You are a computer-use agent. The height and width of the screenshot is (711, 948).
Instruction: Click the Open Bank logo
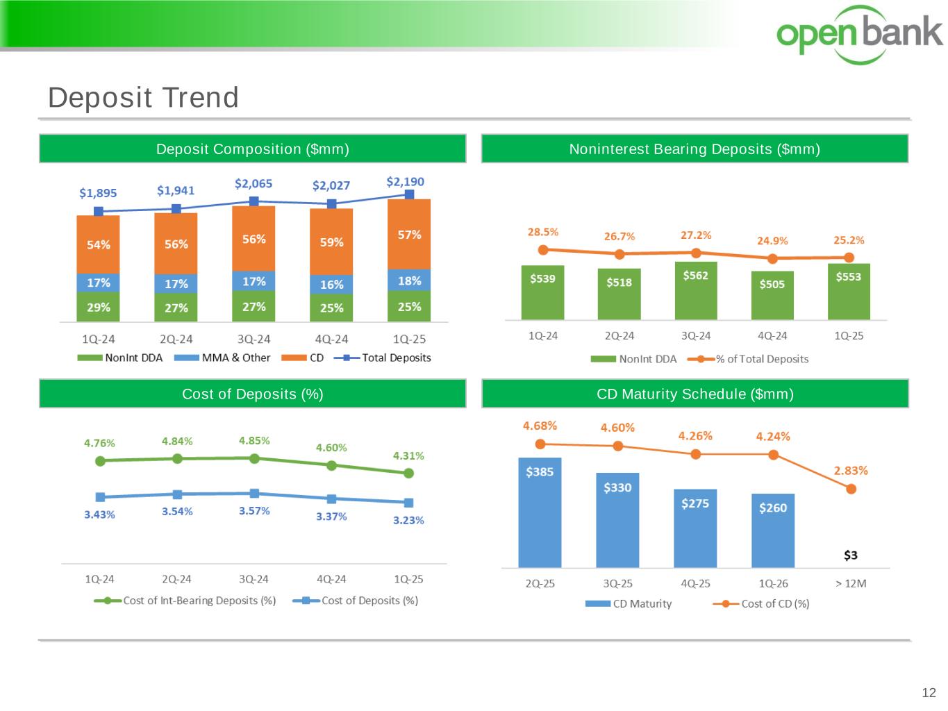859,34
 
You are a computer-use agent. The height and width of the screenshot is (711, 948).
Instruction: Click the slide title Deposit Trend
143,97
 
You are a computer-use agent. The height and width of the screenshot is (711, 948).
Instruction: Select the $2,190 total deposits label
405,182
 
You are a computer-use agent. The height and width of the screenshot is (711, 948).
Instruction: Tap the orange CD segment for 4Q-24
331,242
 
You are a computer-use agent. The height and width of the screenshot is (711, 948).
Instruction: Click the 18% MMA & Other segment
409,281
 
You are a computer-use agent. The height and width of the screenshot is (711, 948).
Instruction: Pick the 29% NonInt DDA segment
98,307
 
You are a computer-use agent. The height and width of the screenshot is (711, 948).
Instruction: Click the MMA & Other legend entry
222,358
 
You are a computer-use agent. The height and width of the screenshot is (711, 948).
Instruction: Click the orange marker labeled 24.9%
772,258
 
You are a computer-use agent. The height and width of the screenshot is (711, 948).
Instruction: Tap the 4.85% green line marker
254,458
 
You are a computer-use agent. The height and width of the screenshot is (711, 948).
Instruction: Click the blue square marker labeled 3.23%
408,503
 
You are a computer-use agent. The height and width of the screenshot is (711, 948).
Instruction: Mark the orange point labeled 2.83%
851,489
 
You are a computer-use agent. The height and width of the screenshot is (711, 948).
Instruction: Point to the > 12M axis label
851,583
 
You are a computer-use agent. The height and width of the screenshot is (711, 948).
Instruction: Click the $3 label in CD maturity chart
851,555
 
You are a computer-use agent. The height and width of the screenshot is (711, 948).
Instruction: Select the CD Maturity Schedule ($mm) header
695,394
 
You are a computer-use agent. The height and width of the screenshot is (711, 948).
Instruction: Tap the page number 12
929,692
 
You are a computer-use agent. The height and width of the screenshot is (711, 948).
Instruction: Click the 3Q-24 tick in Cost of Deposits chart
253,579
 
